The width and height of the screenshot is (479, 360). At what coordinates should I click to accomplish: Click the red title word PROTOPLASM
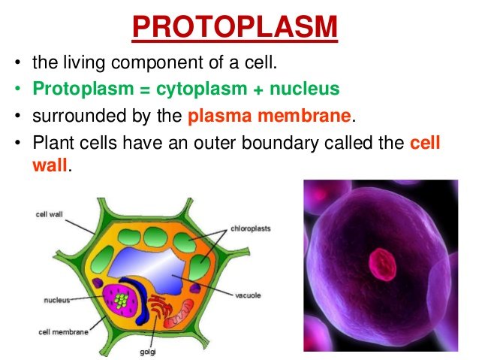pos(235,26)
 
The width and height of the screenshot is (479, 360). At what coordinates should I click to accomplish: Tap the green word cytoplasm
pos(201,89)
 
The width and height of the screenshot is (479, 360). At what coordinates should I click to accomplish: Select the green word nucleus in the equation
pos(305,89)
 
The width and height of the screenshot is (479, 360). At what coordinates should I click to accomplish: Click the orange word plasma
pos(220,116)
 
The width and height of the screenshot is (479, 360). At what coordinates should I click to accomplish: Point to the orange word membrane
pos(304,116)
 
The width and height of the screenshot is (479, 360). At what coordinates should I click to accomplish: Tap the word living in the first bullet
pos(84,63)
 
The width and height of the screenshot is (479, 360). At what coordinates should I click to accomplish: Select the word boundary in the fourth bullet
pos(280,143)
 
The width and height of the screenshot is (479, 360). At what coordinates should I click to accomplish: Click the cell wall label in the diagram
pos(49,214)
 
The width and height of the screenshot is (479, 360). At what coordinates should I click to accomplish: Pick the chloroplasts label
pos(251,228)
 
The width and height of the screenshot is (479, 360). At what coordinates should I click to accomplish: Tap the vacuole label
pos(248,295)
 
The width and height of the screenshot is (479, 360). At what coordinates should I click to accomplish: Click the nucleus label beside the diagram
pos(57,301)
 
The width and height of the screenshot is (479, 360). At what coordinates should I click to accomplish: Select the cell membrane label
pos(63,332)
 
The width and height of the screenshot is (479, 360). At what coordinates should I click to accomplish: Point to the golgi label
pos(148,352)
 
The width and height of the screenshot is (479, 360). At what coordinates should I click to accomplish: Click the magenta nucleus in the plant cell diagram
pos(121,300)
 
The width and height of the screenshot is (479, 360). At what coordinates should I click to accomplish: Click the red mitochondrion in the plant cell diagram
pos(179,313)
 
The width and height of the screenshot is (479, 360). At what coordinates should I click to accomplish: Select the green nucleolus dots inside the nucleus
pos(122,300)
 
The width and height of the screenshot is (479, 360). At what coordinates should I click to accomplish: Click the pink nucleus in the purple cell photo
pos(382,265)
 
